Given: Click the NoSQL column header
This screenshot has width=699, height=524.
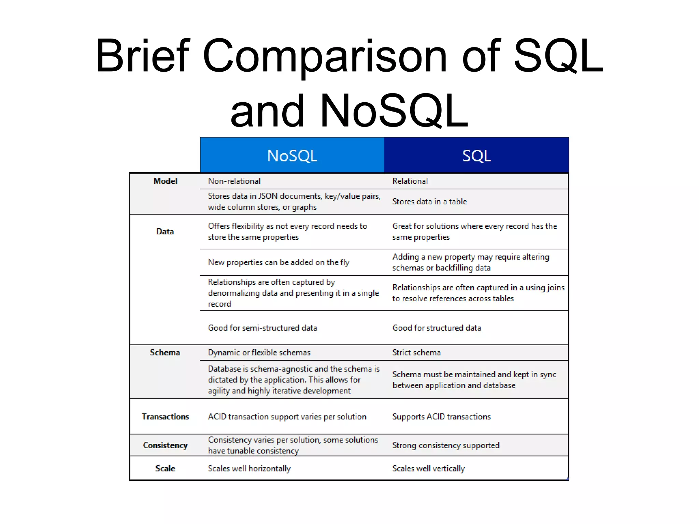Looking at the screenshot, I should tap(292, 156).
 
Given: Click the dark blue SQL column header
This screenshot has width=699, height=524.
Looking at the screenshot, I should tap(476, 156).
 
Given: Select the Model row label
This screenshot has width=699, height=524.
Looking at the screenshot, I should tap(165, 181).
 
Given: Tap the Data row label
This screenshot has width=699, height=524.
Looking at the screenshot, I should tap(165, 232).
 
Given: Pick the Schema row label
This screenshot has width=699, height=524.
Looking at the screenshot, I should tap(165, 352).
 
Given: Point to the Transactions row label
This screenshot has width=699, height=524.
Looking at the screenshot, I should tap(165, 417).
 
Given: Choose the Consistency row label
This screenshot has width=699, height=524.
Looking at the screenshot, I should tap(165, 445).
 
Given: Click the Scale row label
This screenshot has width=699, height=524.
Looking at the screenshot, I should tap(165, 468).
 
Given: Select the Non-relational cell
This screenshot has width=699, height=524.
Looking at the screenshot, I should tap(234, 181).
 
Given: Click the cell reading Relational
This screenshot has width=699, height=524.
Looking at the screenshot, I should tap(410, 181).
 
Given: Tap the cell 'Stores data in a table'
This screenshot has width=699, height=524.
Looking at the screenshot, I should tap(429, 202).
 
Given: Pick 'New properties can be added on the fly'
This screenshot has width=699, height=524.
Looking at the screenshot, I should tap(279, 262).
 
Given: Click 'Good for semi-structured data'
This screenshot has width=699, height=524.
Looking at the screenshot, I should tap(262, 328).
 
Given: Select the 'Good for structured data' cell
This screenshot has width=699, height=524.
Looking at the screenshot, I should tap(437, 328).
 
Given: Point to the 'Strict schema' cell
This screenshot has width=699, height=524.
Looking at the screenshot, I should tap(416, 352).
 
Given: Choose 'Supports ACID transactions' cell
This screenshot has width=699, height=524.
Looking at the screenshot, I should tap(441, 417).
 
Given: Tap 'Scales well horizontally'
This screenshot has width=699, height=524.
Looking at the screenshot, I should tap(249, 468).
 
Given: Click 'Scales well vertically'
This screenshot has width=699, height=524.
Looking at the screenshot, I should tap(428, 468).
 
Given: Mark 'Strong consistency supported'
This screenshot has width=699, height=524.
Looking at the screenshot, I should tap(446, 445).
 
